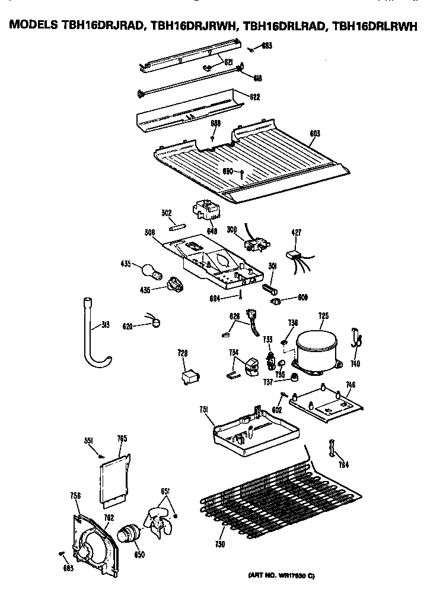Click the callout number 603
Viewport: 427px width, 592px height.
(314, 134)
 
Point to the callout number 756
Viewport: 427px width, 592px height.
(75, 495)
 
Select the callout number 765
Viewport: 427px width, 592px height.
(122, 439)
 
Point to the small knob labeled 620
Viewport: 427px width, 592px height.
(157, 323)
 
